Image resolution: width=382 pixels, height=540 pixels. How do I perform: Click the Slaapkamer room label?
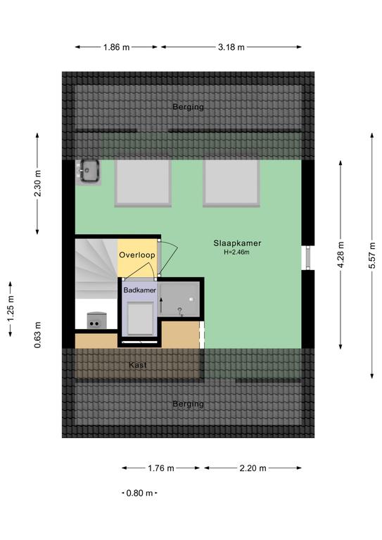237,243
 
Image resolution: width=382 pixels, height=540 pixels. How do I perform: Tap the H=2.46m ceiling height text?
236,252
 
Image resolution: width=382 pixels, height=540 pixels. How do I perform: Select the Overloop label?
137,255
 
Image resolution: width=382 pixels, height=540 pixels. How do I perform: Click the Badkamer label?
139,290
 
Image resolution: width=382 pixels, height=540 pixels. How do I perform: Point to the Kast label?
138,365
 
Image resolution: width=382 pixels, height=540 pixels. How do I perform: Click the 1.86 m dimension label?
116,47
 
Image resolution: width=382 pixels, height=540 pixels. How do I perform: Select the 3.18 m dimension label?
231,47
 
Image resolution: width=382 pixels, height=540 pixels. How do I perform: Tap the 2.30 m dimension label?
37,184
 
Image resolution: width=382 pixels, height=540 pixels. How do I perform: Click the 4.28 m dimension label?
340,255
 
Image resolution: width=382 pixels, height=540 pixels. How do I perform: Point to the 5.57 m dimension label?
372,255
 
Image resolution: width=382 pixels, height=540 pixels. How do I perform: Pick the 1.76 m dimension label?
161,468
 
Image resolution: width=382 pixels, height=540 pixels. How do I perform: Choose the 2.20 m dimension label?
253,468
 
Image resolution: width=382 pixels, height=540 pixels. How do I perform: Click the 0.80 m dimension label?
139,493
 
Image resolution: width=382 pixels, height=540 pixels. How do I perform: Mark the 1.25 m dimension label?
11,309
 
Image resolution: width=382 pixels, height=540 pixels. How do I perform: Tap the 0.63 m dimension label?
37,335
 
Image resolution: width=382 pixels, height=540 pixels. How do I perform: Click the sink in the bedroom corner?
89,171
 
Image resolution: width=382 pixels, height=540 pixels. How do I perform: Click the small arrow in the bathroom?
161,304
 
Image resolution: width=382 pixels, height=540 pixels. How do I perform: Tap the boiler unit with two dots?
97,321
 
